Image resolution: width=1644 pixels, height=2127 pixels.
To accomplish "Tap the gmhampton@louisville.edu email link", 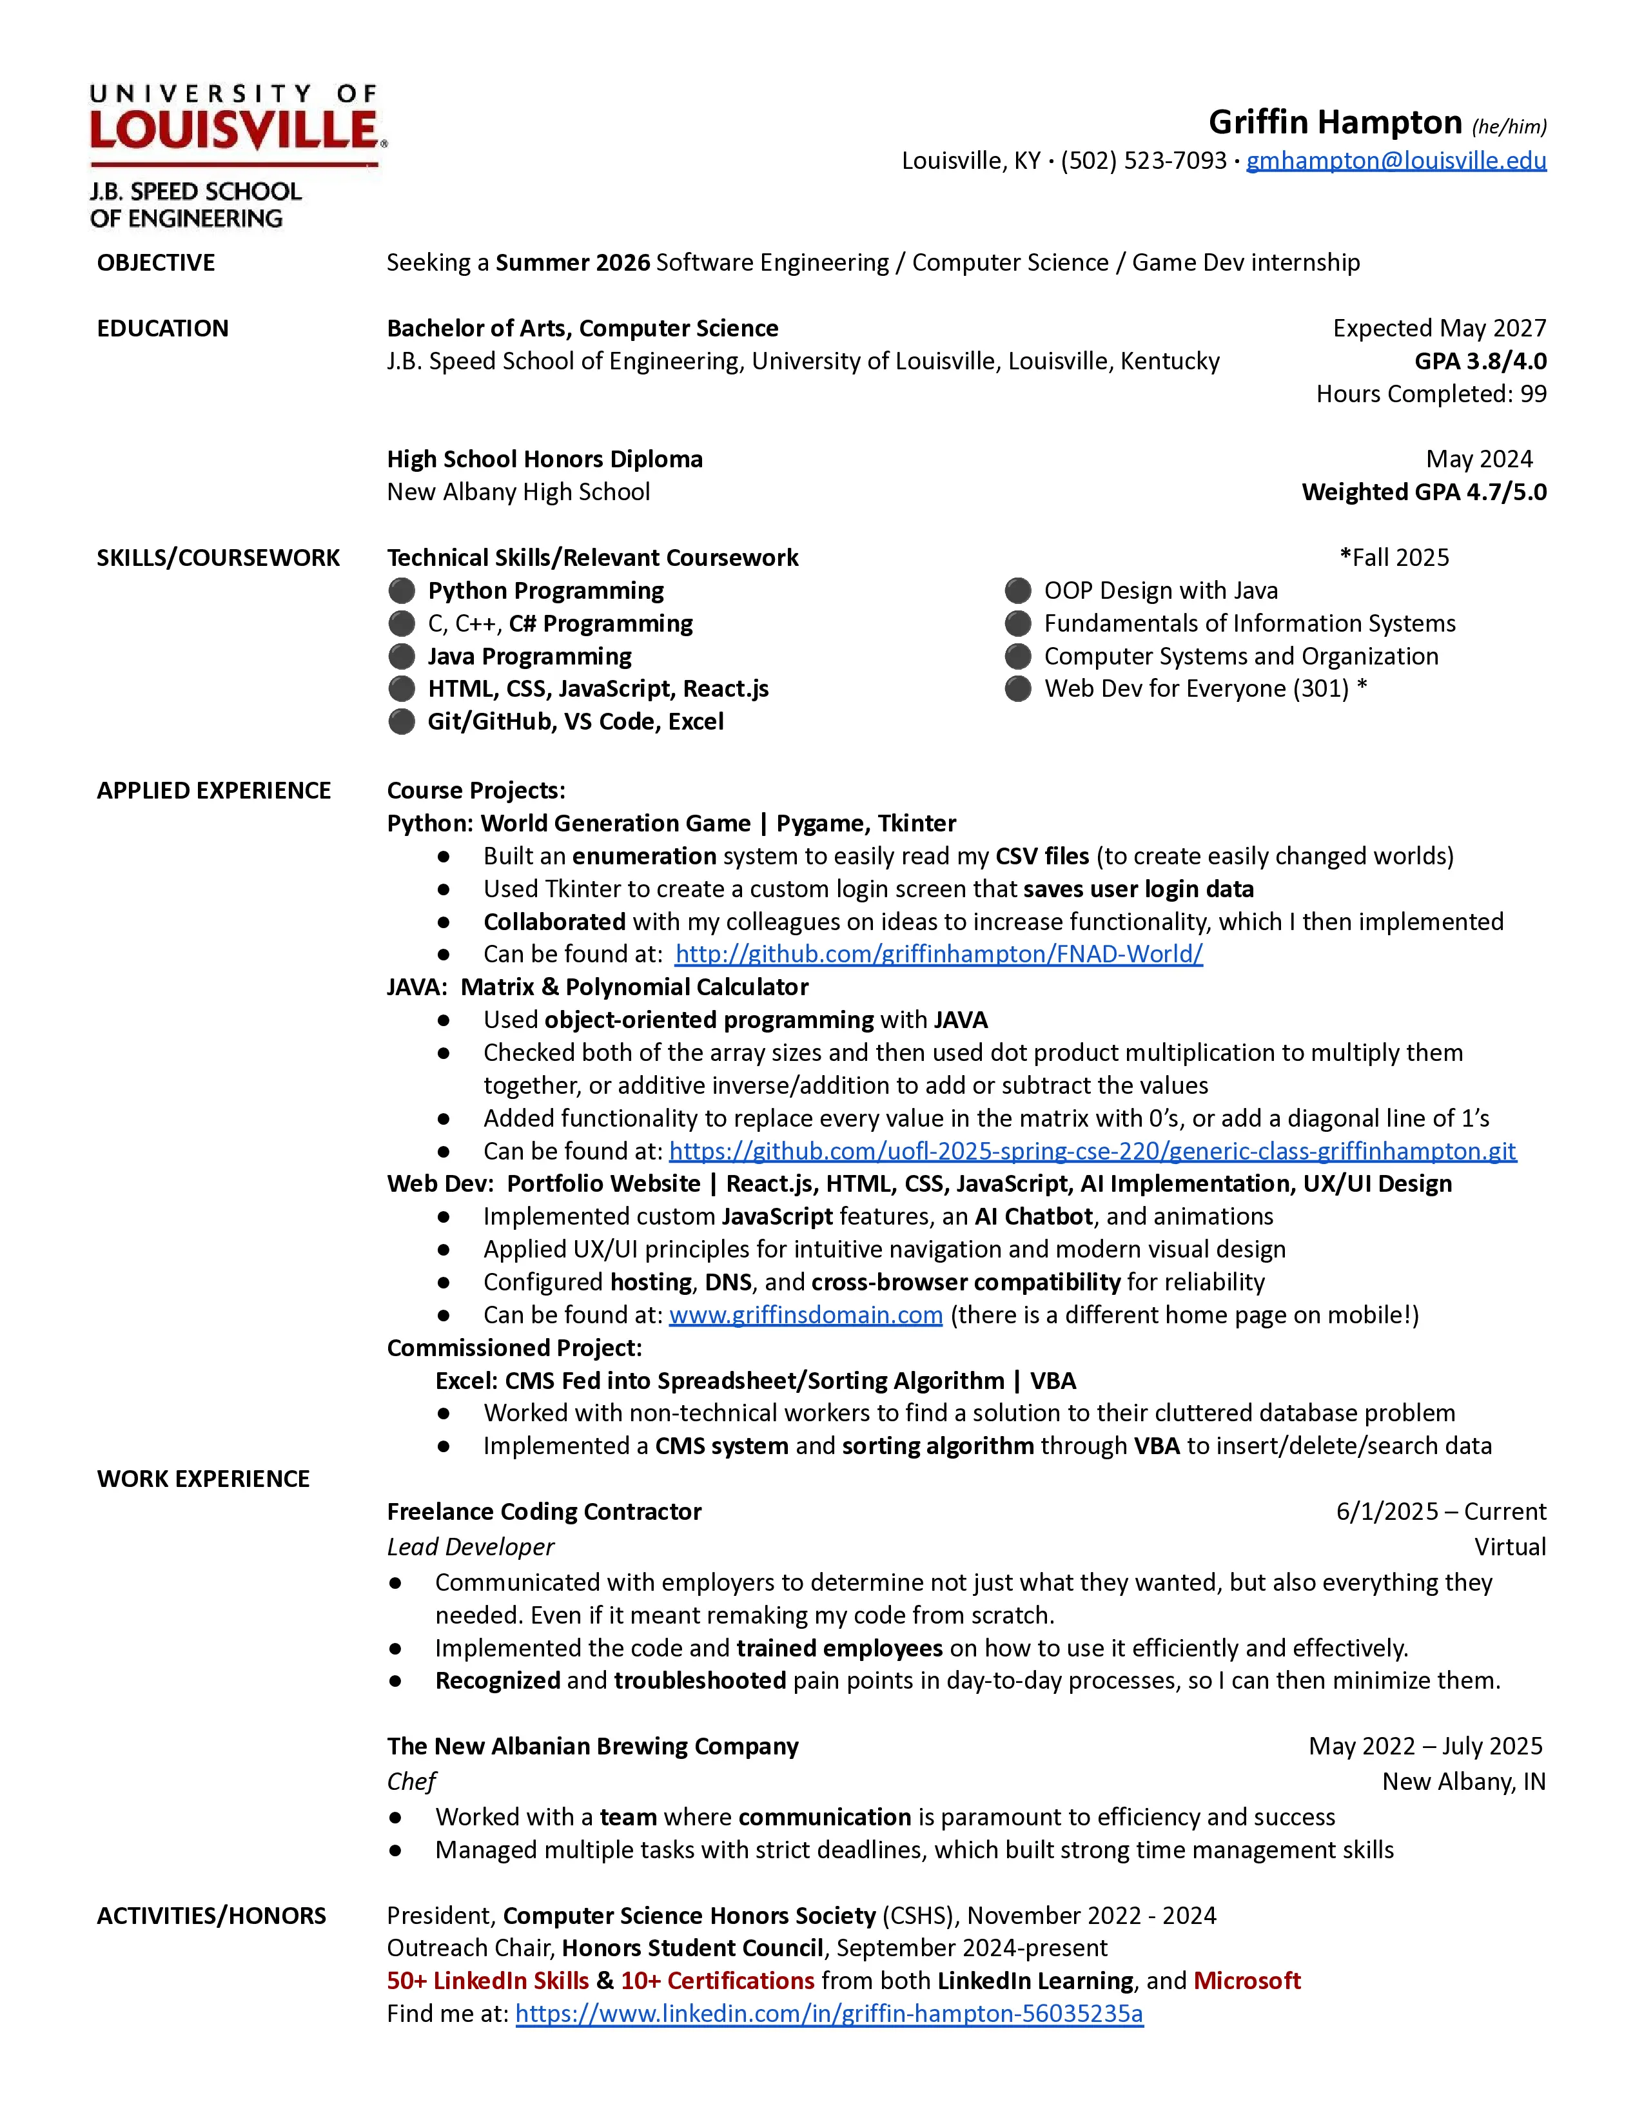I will (x=1396, y=160).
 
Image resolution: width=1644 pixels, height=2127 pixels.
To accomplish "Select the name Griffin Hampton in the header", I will (x=1335, y=122).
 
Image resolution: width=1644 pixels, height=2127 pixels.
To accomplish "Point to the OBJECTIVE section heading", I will (x=156, y=263).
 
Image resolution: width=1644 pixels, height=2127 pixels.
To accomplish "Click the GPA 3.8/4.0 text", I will (x=1480, y=362).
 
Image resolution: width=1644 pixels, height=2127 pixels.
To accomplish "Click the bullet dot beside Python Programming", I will (x=401, y=591).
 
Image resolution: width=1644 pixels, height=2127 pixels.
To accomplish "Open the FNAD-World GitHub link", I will (x=939, y=955).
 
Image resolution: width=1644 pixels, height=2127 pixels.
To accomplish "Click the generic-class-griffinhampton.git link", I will (x=1091, y=1151).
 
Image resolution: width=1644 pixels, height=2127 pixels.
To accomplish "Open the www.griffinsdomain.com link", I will (x=805, y=1315).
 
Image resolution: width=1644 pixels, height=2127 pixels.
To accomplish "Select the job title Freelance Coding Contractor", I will (x=543, y=1511).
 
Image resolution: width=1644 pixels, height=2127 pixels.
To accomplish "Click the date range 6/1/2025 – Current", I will (x=1440, y=1511).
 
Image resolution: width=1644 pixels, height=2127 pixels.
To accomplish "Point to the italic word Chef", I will (x=411, y=1782).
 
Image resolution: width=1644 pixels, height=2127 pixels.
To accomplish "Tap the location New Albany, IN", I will (x=1463, y=1782).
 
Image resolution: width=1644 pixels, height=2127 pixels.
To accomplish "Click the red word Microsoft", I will (x=1247, y=1981).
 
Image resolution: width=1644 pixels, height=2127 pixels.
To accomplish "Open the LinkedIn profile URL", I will (x=829, y=2014).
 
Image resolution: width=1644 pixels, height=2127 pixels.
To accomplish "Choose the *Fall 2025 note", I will (x=1394, y=558).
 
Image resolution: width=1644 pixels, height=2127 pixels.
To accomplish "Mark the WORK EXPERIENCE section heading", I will (x=202, y=1479).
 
